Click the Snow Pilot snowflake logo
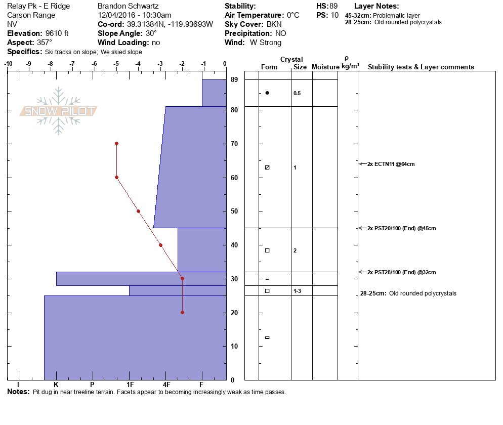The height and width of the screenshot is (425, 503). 59,111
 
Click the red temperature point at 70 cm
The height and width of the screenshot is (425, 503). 116,143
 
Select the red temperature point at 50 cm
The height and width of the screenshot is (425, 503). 138,211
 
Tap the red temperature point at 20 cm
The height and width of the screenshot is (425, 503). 182,312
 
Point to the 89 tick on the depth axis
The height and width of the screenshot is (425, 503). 234,79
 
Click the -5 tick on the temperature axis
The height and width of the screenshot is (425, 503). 116,64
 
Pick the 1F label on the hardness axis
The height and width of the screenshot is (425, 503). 130,385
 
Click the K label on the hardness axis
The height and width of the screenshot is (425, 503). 56,385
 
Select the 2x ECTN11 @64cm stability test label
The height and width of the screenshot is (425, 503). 391,164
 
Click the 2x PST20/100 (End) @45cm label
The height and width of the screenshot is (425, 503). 402,228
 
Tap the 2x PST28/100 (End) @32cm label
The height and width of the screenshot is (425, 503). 402,272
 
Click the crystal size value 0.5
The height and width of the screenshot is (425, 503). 297,93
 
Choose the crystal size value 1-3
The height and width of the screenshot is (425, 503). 298,291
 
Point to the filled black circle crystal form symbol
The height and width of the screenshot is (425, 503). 267,93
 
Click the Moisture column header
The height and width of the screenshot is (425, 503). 325,67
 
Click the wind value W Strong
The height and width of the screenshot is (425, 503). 266,42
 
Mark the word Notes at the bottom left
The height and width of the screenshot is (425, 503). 18,392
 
